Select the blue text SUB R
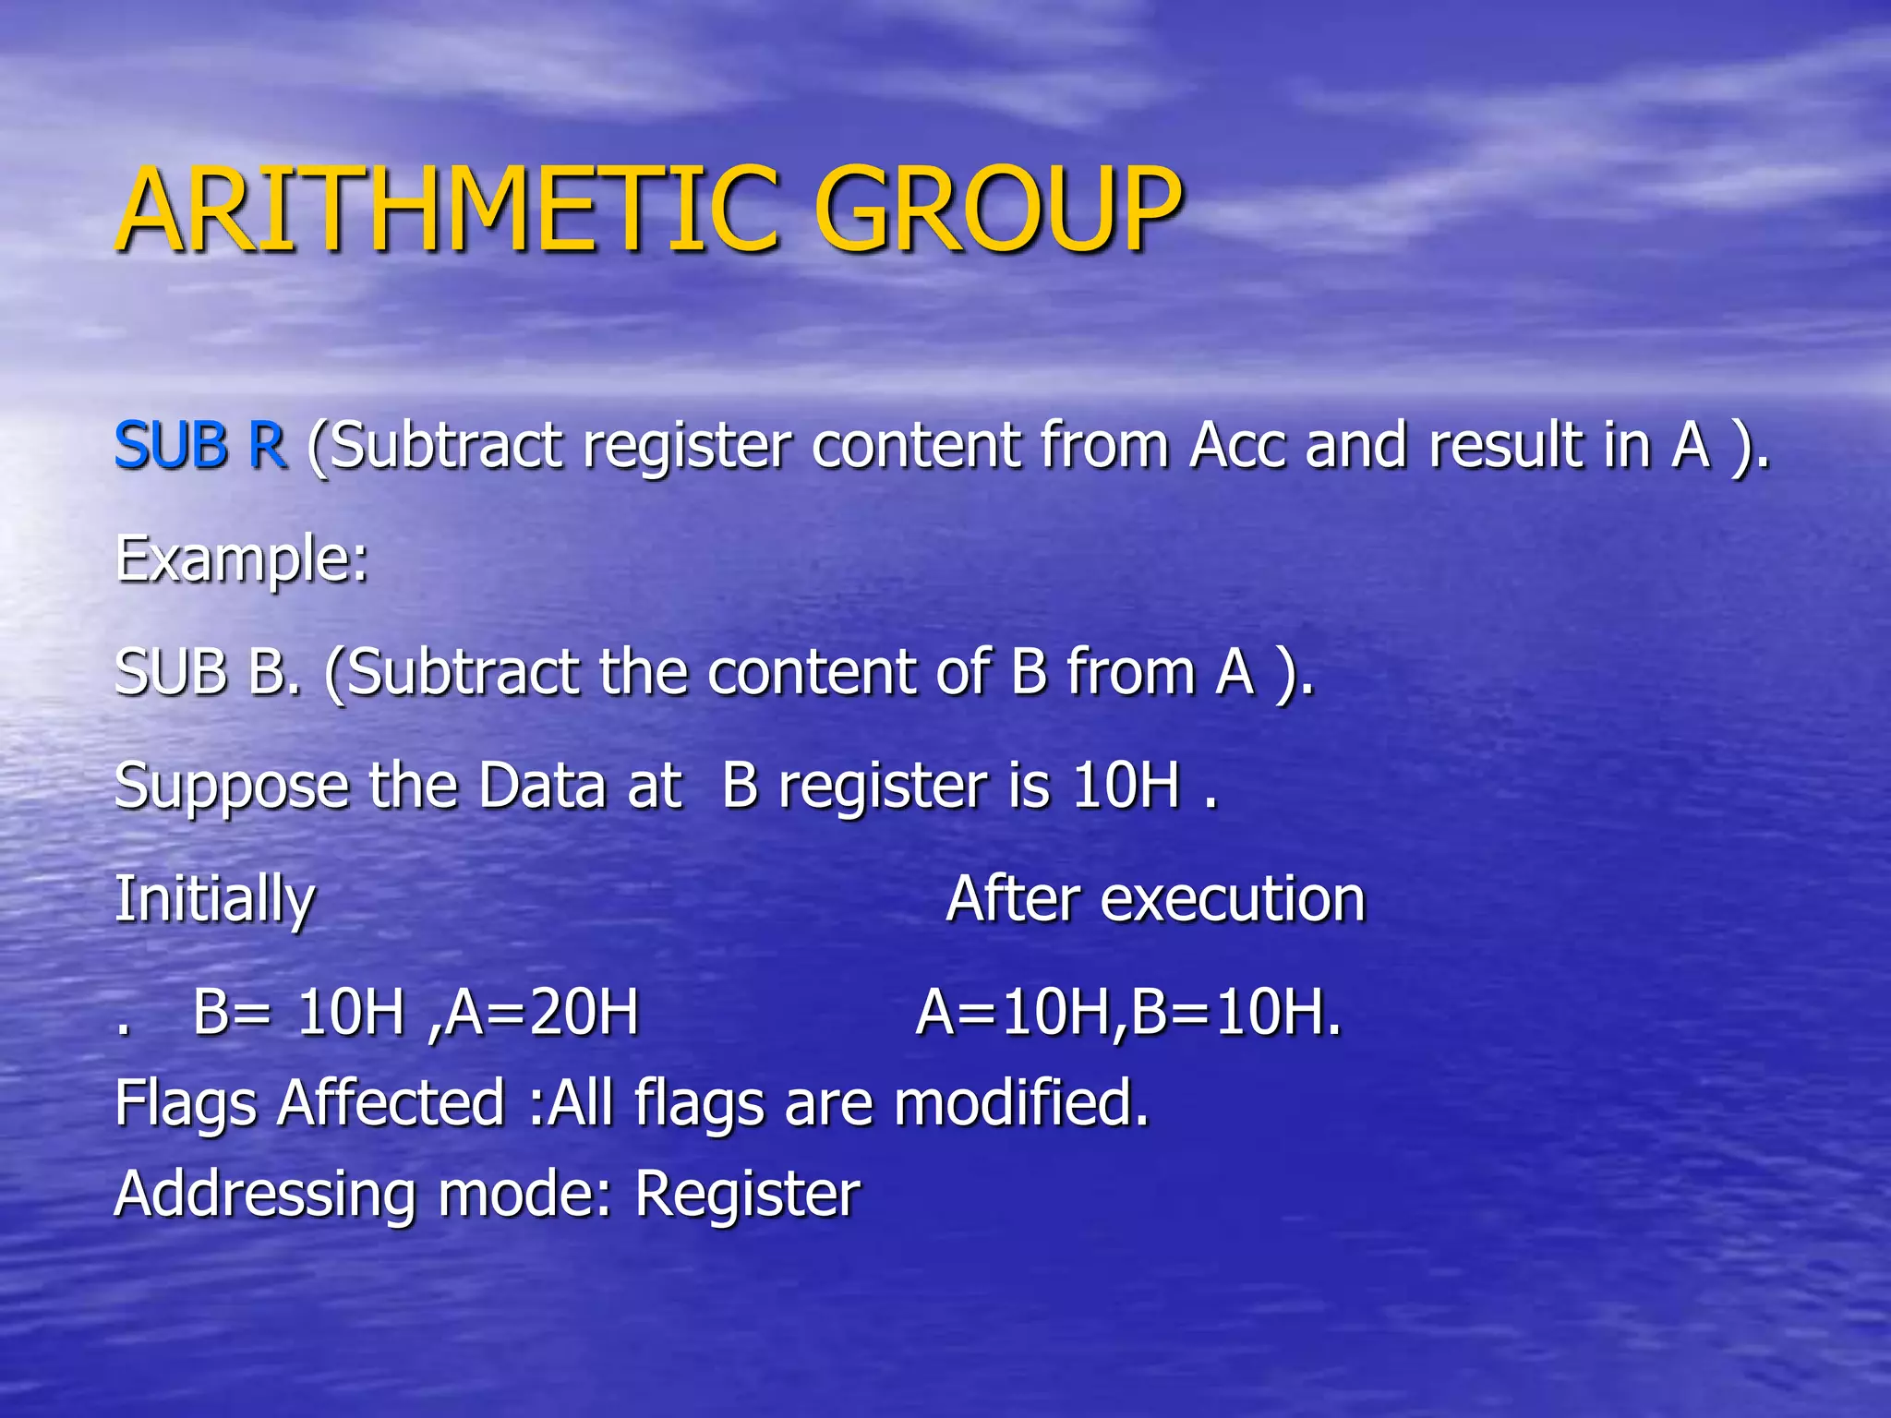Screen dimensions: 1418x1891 point(200,446)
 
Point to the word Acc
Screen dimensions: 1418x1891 point(1237,446)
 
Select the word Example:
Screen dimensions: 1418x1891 point(242,560)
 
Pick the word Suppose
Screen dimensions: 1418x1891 point(231,787)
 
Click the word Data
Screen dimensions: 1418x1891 point(541,786)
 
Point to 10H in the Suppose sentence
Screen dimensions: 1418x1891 point(1126,786)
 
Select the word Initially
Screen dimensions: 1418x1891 point(214,900)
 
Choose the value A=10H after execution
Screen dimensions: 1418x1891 point(1015,1013)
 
